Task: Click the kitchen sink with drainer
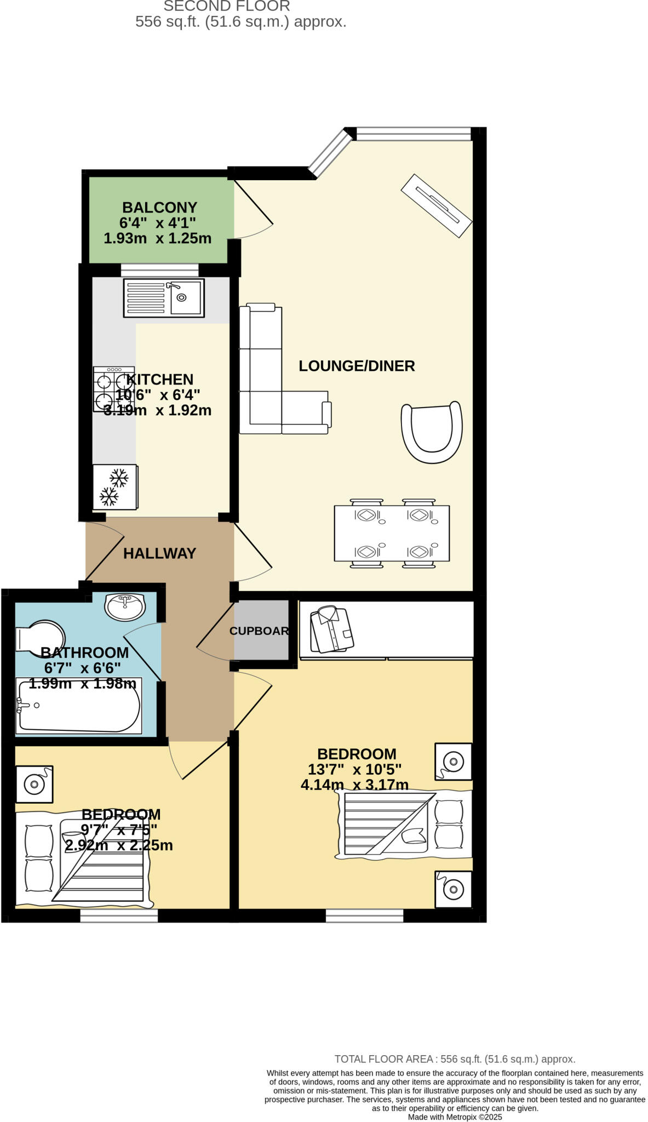(x=164, y=298)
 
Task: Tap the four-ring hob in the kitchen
(x=113, y=390)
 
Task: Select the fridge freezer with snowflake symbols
(x=114, y=487)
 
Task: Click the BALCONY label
(x=159, y=208)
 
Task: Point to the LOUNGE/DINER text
(x=357, y=366)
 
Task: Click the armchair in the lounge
(x=432, y=432)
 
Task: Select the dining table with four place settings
(x=392, y=533)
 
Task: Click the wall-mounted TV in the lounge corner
(x=437, y=206)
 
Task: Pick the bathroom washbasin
(x=125, y=606)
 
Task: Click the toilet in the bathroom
(x=39, y=637)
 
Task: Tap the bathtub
(x=79, y=706)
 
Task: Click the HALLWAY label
(x=159, y=553)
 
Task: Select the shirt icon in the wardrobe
(x=332, y=629)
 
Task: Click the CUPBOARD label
(x=259, y=631)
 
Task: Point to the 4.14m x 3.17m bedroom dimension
(x=354, y=785)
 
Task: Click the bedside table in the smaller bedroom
(x=34, y=785)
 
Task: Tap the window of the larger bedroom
(x=364, y=915)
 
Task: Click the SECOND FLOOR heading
(x=227, y=7)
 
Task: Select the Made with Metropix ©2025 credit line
(x=455, y=1117)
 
